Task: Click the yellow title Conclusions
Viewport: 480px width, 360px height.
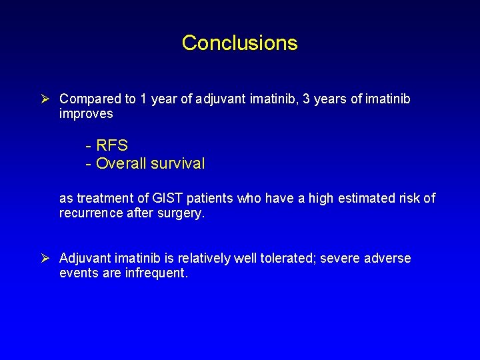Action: [x=239, y=43]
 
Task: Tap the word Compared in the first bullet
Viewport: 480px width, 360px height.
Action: [x=89, y=99]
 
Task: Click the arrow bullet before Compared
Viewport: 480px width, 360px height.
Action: [x=47, y=99]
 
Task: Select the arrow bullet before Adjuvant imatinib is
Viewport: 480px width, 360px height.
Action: [x=47, y=258]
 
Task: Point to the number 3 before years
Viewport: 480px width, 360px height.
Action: [x=306, y=99]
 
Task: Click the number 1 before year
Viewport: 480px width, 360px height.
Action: [x=143, y=99]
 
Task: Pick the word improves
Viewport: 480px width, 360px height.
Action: [x=86, y=115]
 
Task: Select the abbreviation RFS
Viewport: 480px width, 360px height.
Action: [x=112, y=145]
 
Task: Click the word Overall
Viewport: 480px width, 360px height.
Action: [x=121, y=163]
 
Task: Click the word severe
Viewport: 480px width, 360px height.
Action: [x=339, y=258]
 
